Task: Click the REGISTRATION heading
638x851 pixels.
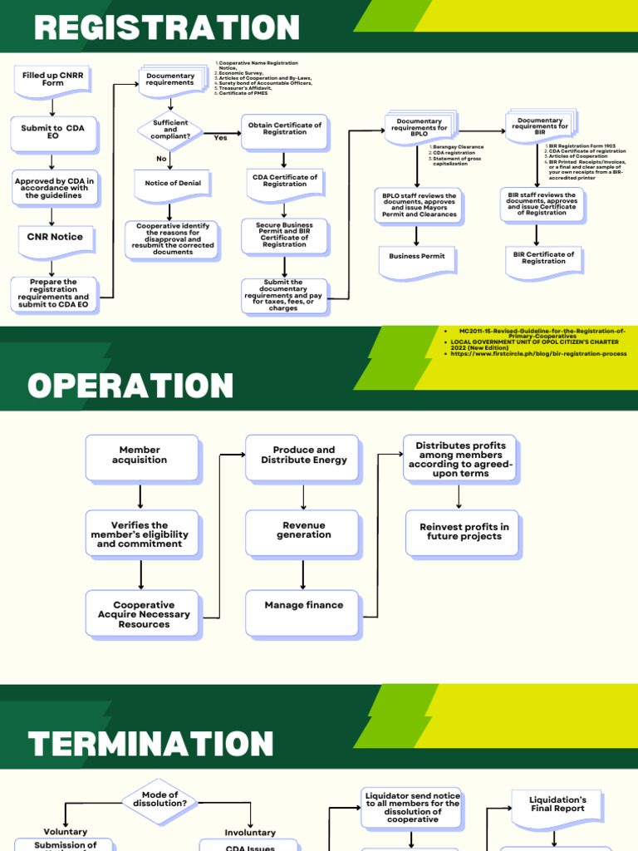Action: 166,28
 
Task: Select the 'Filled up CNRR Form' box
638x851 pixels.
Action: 53,79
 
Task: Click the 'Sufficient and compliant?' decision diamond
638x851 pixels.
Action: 170,130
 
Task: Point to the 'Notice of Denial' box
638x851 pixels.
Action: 173,184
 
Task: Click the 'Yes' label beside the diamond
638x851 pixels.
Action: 220,138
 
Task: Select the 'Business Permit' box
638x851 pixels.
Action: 417,257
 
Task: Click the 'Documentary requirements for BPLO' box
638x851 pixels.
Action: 420,125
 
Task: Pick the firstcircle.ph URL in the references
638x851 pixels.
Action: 538,354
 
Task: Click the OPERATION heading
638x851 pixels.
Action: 130,386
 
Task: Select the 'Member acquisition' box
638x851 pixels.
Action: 140,455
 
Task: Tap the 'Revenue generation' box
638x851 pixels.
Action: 303,530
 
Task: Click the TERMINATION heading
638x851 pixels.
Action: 150,743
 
